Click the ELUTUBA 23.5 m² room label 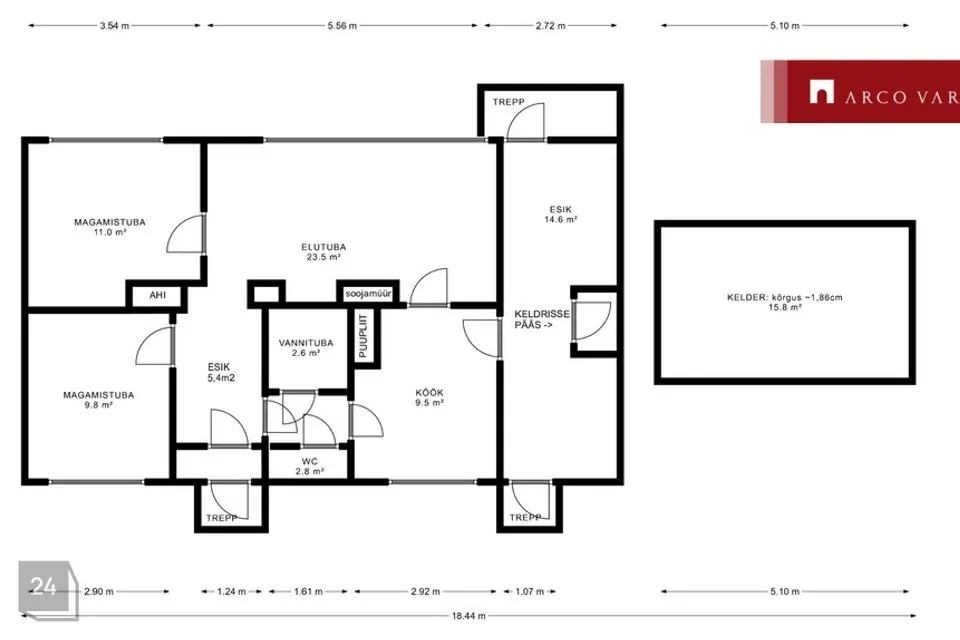click(323, 252)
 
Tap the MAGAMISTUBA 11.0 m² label click(110, 227)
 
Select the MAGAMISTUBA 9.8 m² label click(98, 399)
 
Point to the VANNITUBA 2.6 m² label click(306, 347)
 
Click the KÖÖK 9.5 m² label click(429, 397)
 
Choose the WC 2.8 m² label click(310, 466)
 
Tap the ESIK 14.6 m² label click(560, 214)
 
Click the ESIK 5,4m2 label click(220, 372)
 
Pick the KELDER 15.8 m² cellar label click(784, 302)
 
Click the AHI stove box click(157, 295)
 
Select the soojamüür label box click(368, 294)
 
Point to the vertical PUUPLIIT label click(364, 336)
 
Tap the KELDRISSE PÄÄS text click(541, 319)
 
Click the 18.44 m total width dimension click(468, 616)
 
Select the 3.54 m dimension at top click(114, 26)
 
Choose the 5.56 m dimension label click(342, 26)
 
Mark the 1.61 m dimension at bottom click(308, 592)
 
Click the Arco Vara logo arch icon click(822, 92)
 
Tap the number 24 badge click(44, 586)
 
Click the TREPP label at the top click(509, 102)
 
